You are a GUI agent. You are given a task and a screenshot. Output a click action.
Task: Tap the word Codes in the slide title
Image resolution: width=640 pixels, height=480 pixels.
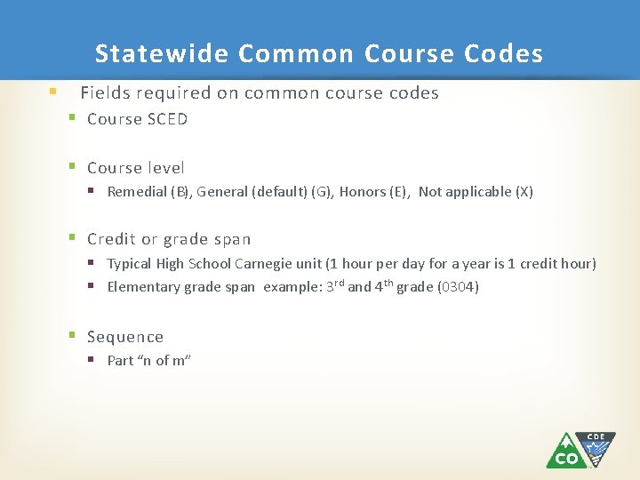click(503, 54)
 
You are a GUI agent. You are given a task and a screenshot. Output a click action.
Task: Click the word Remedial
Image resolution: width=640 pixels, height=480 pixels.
click(137, 192)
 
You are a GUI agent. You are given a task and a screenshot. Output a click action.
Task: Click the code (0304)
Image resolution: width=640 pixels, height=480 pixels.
click(458, 287)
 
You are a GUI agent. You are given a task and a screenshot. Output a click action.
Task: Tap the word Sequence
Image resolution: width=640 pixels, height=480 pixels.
click(125, 337)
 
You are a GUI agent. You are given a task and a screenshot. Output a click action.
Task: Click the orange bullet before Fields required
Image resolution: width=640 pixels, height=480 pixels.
click(53, 92)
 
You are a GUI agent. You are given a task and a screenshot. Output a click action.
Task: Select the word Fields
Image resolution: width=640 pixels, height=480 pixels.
click(102, 92)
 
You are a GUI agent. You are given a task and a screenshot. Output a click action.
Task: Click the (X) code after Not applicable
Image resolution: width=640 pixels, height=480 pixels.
click(524, 192)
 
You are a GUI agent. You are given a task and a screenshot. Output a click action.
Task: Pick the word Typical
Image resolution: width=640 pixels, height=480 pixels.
click(130, 264)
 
